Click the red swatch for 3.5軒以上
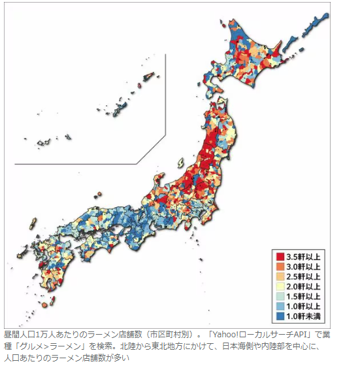click(x=280, y=257)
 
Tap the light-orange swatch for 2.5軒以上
click(x=280, y=277)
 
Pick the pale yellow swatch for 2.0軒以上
click(x=280, y=286)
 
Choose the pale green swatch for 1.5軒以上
click(x=280, y=296)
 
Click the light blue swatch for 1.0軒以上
click(x=280, y=306)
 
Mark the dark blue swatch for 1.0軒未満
click(x=280, y=316)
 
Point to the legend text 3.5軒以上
click(x=304, y=257)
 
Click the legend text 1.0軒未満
click(x=304, y=316)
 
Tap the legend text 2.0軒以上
click(x=304, y=286)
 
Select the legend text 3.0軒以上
click(x=304, y=267)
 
